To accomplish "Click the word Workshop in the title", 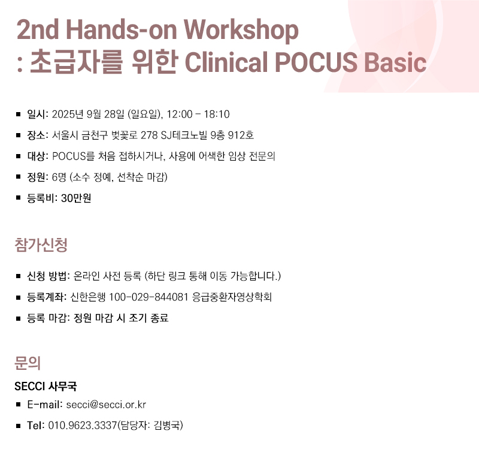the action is pos(241,31).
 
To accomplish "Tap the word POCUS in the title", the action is pos(316,62).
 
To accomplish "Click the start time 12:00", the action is pos(180,114).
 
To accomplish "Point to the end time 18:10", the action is pos(217,114).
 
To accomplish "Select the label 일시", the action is pos(37,114).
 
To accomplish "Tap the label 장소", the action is pos(37,135).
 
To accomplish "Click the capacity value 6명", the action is pos(59,177).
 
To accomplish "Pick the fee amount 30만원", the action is pos(76,198).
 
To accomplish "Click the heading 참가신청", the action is pos(41,245).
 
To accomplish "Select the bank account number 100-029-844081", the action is pos(148,297).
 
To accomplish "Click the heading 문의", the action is pos(28,363).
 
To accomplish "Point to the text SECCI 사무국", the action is pos(46,386).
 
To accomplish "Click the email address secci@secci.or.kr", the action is pos(106,405).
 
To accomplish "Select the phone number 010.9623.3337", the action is pos(83,426).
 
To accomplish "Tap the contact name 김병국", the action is pos(167,426).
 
